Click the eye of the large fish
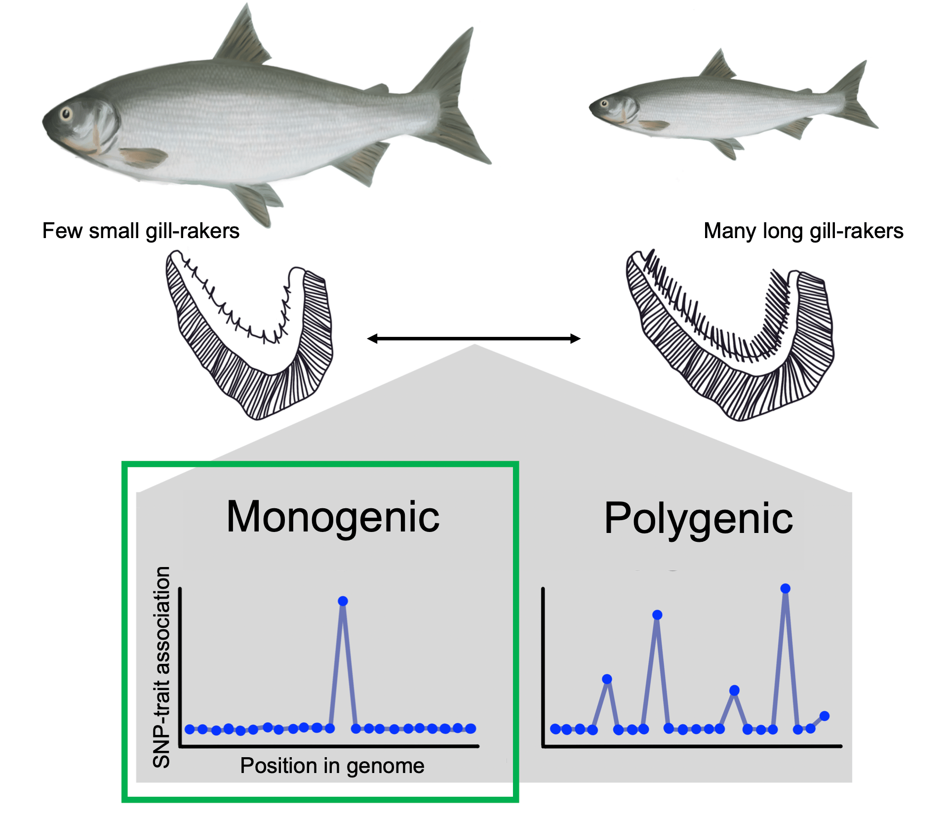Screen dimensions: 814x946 (66, 115)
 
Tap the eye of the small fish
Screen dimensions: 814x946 (604, 104)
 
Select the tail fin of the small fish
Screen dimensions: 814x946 (856, 96)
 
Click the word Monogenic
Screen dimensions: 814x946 (333, 517)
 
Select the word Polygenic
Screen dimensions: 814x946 (698, 519)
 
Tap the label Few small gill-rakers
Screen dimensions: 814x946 (141, 231)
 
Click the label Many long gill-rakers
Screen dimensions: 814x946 (803, 231)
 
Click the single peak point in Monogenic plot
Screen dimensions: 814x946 (343, 601)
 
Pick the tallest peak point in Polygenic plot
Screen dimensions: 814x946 (785, 588)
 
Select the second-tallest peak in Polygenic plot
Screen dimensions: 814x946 (657, 615)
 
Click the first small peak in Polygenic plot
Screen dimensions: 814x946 (607, 679)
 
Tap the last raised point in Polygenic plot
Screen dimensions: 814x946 (824, 716)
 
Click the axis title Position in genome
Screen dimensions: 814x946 (332, 766)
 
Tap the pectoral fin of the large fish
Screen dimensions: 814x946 (143, 157)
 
